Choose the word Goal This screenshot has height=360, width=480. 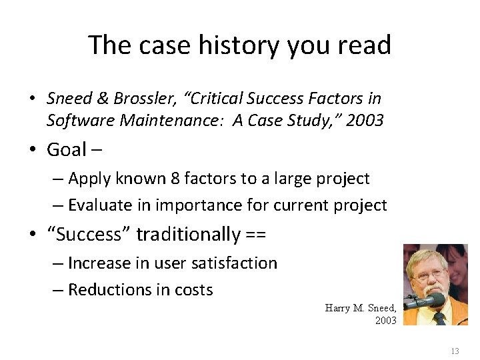67,150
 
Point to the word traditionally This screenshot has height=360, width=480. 189,235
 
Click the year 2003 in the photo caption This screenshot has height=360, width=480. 385,321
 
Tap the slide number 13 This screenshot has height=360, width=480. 455,351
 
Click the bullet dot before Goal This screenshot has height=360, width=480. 32,151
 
